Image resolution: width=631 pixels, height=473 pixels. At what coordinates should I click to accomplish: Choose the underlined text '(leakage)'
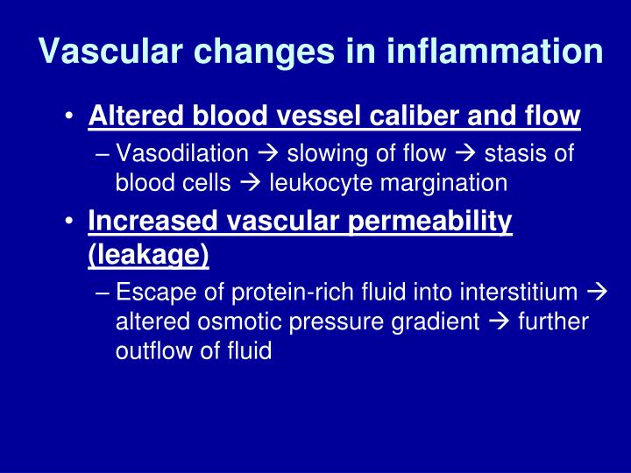(149, 255)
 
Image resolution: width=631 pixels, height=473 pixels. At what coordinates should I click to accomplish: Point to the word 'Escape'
(150, 293)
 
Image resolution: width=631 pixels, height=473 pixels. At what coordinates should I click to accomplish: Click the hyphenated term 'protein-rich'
(264, 293)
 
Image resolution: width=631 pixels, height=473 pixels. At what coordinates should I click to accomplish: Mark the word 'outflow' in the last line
(150, 350)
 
